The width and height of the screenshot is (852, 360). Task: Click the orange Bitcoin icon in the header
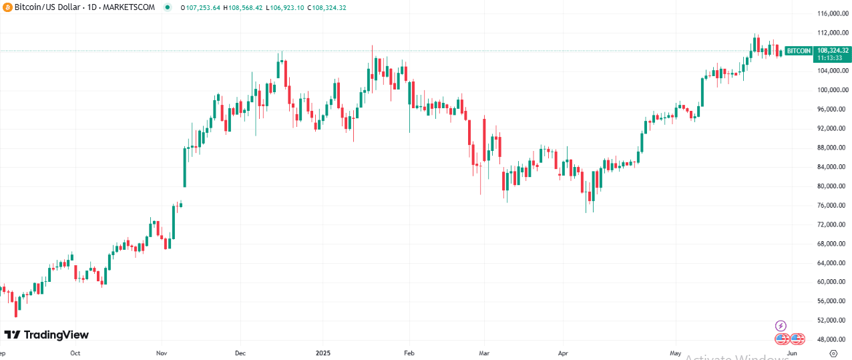point(7,7)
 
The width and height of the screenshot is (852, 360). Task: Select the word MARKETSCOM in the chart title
point(132,7)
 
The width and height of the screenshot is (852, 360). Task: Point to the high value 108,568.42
point(246,7)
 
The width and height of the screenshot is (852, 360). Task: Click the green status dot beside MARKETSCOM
point(166,7)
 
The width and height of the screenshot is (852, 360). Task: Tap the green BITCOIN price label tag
point(799,51)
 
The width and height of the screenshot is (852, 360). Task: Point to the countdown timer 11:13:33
point(832,57)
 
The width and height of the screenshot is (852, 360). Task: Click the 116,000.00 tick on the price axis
point(832,13)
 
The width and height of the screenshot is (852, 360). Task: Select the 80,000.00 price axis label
point(832,186)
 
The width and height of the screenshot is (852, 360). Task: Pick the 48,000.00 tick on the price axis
point(832,339)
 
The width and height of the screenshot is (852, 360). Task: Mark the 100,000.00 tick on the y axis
point(832,90)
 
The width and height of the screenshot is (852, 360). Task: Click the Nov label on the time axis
point(160,353)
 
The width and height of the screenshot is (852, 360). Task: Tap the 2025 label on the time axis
point(322,353)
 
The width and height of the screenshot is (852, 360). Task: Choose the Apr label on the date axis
point(563,353)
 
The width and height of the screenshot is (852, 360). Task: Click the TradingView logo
point(47,335)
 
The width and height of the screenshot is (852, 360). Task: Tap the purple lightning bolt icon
point(781,325)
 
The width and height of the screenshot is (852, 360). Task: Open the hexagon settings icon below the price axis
point(833,353)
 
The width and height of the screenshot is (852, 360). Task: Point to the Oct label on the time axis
point(75,353)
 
